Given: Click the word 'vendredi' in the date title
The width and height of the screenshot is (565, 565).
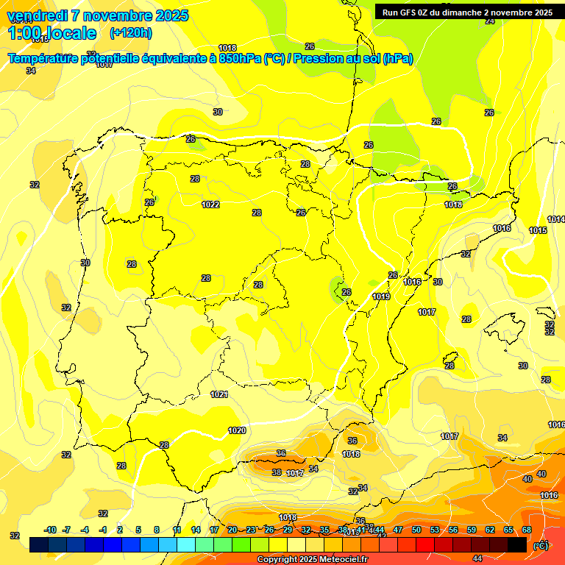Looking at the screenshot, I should [37, 15].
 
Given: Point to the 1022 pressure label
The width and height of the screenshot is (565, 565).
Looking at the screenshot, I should [210, 205].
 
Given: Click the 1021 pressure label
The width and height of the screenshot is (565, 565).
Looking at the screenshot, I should [219, 395].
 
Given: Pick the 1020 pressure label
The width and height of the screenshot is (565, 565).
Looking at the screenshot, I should [237, 430].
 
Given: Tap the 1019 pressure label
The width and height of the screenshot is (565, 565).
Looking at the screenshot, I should [381, 297].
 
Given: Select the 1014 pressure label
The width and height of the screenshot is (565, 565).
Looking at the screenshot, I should [556, 220].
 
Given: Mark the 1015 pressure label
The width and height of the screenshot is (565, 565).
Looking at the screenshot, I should [538, 231].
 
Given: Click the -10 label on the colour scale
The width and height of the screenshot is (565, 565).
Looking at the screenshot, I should [51, 530].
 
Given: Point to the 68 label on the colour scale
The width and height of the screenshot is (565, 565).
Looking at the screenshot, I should [527, 530].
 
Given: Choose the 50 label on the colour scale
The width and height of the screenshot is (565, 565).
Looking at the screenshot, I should [416, 530].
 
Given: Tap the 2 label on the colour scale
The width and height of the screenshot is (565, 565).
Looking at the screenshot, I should [121, 530].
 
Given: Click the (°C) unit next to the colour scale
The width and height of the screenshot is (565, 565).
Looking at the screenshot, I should [541, 545].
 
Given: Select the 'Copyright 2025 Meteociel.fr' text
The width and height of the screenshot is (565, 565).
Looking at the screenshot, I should [312, 560].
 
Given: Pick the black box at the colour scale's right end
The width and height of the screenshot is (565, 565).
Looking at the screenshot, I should [517, 544].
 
